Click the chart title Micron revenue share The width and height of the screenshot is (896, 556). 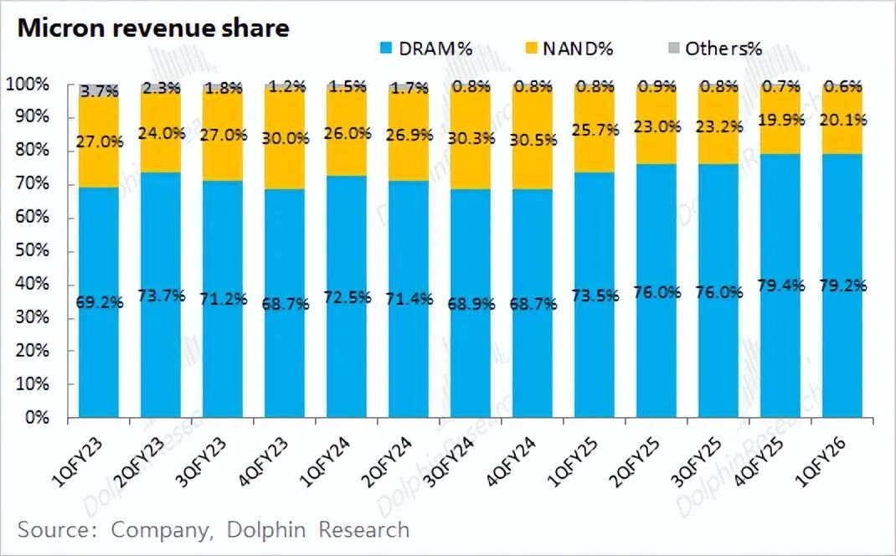click(153, 28)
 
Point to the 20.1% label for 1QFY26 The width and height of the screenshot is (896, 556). click(844, 120)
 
